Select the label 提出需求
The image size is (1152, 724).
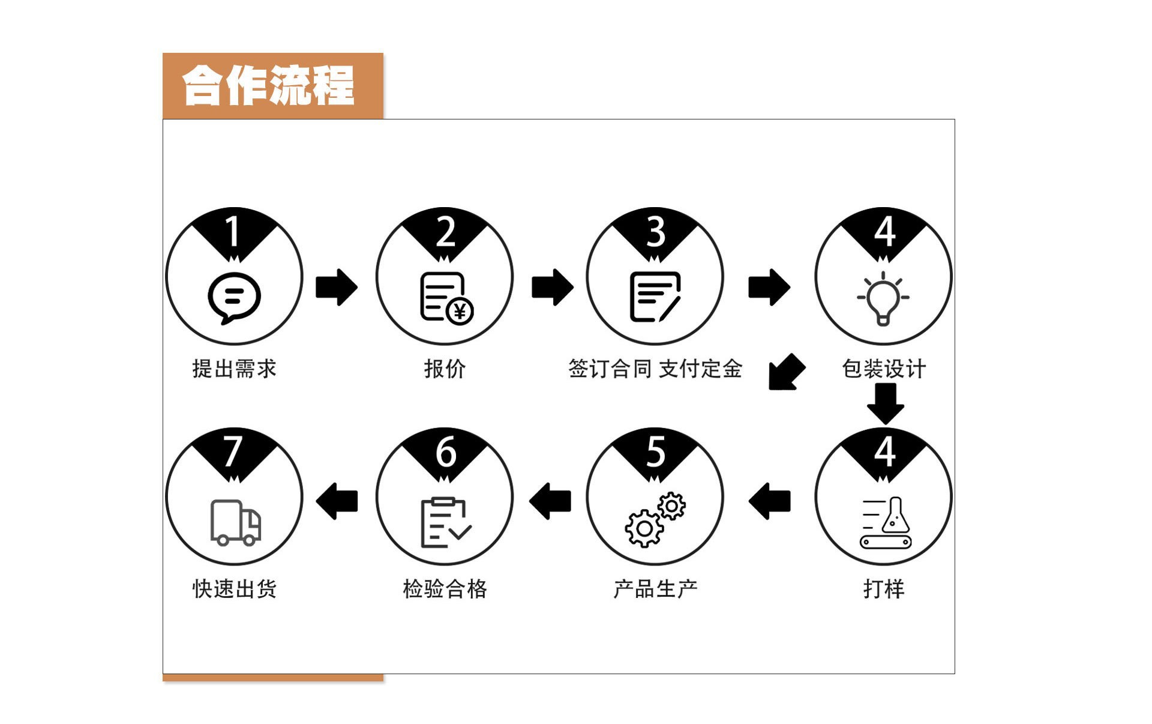[x=234, y=369]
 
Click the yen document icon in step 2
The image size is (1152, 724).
[x=446, y=298]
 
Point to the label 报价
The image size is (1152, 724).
[x=445, y=369]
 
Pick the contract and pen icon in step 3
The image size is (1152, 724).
[x=655, y=297]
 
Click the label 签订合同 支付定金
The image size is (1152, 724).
[x=655, y=369]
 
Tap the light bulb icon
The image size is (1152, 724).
[x=883, y=298]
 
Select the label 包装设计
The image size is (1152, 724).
[x=884, y=369]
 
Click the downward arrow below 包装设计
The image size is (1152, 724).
[x=886, y=403]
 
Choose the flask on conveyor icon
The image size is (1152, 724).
[x=886, y=523]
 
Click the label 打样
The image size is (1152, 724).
[x=884, y=589]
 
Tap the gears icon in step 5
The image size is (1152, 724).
[x=655, y=520]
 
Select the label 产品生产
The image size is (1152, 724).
[x=655, y=589]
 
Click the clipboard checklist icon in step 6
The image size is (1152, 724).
[x=445, y=523]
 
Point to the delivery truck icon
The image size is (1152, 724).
[x=235, y=522]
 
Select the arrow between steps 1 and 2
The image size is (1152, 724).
[x=337, y=287]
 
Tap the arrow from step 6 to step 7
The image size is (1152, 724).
[x=337, y=501]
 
